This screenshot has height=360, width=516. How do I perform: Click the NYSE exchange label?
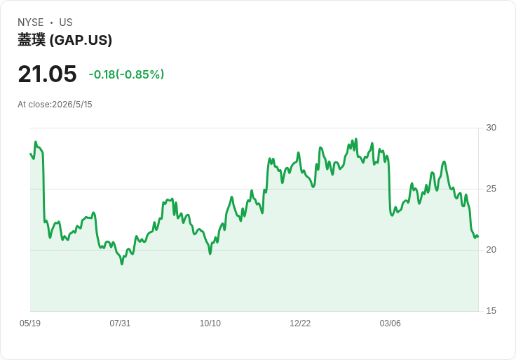pos(31,22)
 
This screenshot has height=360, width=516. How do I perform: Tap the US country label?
pos(66,22)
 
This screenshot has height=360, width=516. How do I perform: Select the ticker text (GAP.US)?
pos(81,40)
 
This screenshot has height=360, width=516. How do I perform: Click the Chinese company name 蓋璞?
pos(32,40)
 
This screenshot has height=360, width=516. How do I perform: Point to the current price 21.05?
pos(48,74)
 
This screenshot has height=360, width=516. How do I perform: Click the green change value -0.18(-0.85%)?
pos(126,74)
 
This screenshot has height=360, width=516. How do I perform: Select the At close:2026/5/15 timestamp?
pos(55,105)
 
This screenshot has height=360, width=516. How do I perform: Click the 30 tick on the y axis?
pos(491,128)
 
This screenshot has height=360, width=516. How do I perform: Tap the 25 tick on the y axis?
pos(491,189)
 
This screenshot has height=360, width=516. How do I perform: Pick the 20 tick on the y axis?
pos(491,250)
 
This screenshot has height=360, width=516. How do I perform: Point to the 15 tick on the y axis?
pos(491,311)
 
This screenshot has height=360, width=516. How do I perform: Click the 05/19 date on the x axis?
pos(30,323)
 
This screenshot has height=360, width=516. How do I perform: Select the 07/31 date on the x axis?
pos(120,323)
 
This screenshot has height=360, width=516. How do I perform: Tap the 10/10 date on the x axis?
pos(210,323)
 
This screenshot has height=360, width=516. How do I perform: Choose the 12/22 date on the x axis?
pos(300,323)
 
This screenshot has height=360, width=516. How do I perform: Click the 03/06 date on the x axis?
pos(391,323)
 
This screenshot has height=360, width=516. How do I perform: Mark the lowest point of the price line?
pos(122,264)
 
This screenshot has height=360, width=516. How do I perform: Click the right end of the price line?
pos(478,236)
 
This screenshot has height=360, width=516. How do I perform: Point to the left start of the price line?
pos(30,154)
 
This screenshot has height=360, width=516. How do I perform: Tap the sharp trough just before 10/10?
pos(210,253)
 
